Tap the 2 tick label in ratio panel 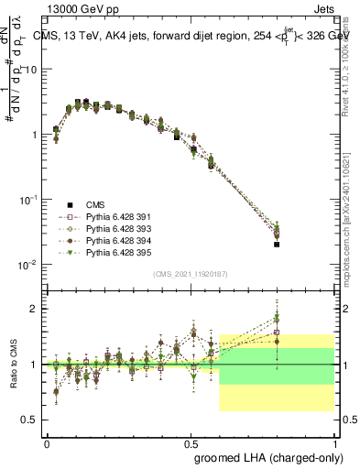pyautogui.click(x=36, y=309)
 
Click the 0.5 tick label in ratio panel pyautogui.click(x=31, y=420)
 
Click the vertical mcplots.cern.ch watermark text pyautogui.click(x=350, y=220)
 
